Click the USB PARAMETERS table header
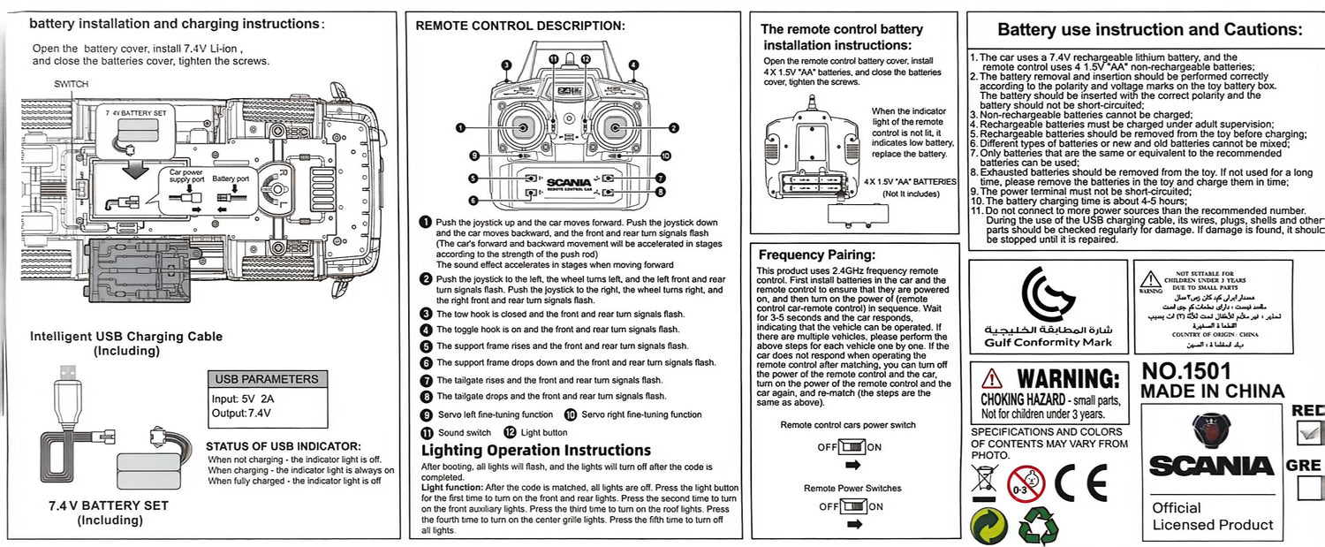(266, 379)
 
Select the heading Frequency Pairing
(816, 255)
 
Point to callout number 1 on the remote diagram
(461, 128)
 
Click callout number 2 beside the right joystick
(673, 128)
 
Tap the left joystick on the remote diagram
(522, 128)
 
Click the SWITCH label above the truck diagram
(71, 84)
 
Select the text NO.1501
(1186, 371)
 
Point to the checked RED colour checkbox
(1309, 432)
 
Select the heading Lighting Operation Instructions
(536, 450)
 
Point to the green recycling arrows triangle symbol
(1037, 526)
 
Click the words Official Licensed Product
(1212, 516)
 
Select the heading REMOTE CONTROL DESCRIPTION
(519, 26)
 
